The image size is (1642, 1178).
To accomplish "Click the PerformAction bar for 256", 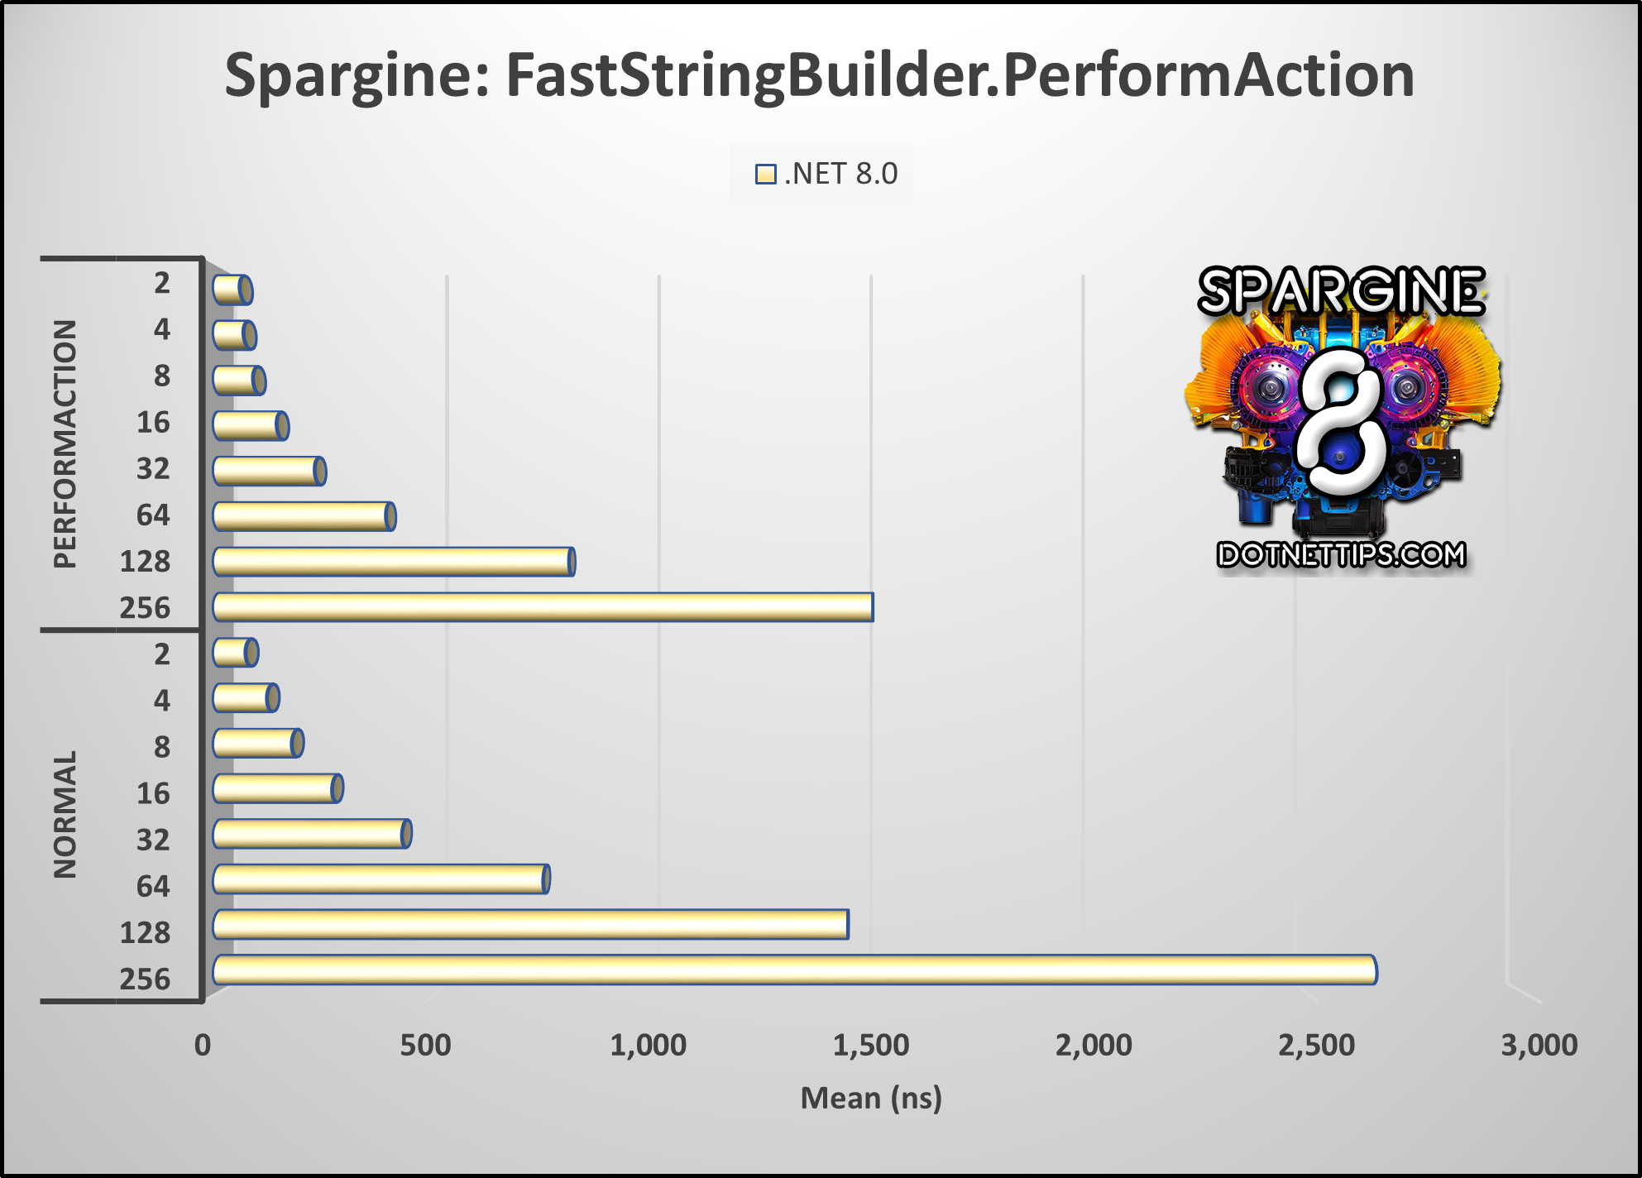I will tap(543, 607).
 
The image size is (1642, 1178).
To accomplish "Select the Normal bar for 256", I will tap(794, 970).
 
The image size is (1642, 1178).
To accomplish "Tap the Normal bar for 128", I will tap(530, 925).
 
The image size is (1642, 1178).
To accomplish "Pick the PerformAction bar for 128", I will tap(393, 562).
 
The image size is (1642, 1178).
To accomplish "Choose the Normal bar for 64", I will tap(381, 879).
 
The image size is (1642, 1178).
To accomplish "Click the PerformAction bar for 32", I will tap(269, 472).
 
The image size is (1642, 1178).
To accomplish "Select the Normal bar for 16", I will tap(277, 788).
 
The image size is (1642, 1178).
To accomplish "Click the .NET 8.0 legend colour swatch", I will tap(765, 175).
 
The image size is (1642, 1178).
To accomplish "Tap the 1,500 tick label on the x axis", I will tap(870, 1046).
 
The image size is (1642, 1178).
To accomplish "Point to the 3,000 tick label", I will tap(1539, 1046).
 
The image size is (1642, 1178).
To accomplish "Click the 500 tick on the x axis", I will tap(425, 1046).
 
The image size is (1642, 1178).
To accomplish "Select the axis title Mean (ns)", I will tap(870, 1099).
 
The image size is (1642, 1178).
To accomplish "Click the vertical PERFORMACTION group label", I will tap(65, 444).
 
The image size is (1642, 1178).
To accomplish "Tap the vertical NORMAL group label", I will tap(65, 814).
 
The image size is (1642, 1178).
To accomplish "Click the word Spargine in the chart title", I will tap(350, 76).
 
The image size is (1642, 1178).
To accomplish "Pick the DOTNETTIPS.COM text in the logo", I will tap(1341, 554).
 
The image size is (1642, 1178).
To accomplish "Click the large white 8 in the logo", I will tap(1341, 422).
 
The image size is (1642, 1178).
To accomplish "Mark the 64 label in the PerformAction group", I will tap(153, 515).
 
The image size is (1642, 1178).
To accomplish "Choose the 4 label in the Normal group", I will tap(161, 701).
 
